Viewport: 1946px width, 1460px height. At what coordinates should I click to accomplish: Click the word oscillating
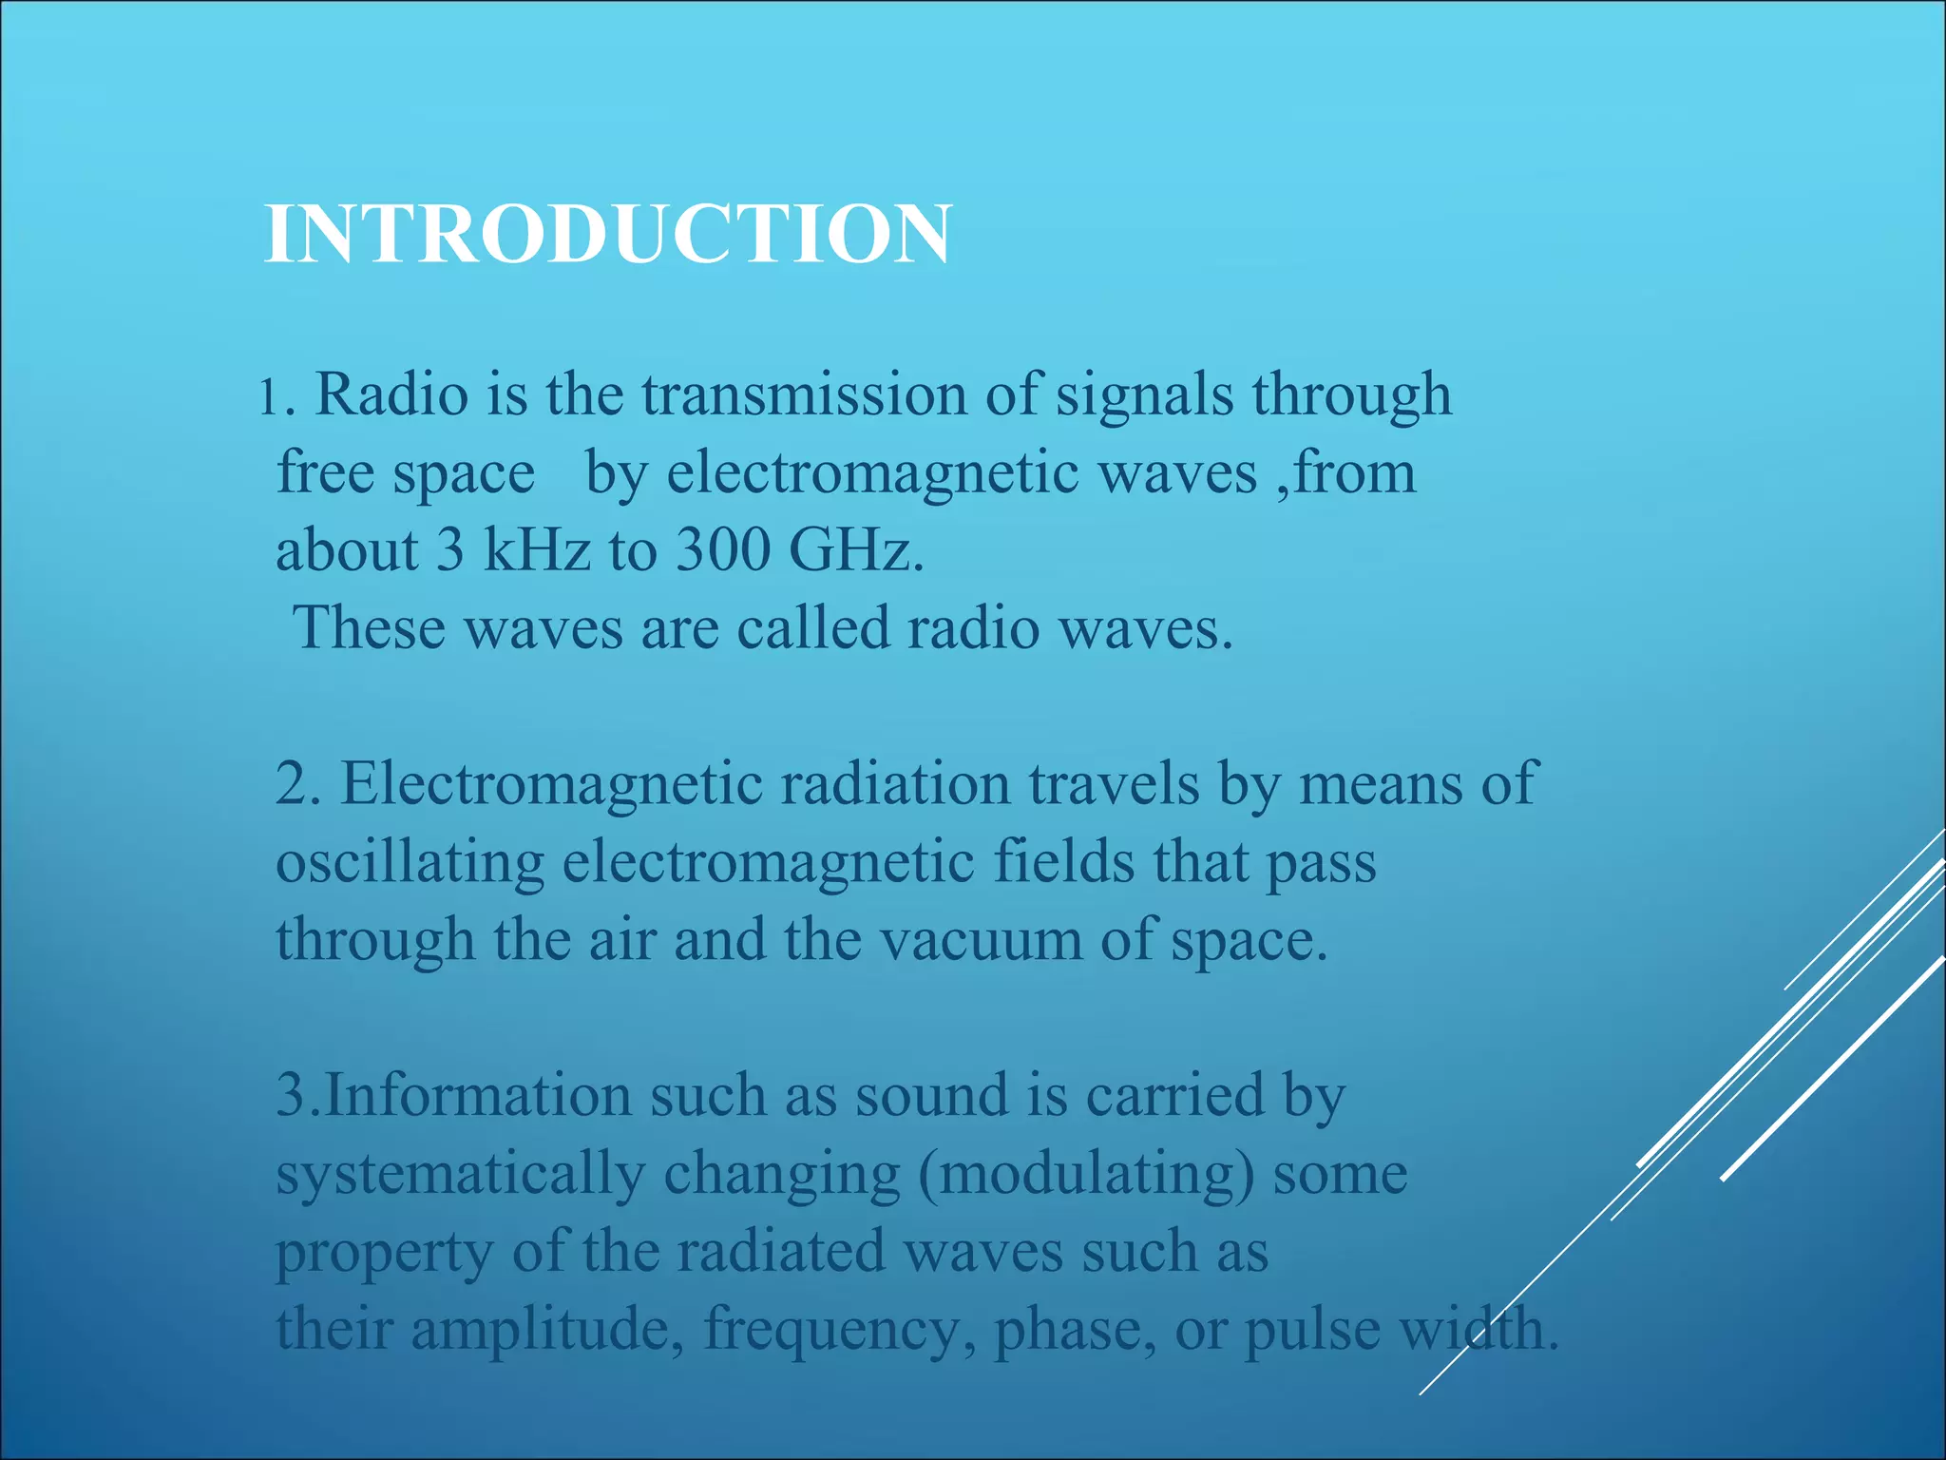tap(410, 864)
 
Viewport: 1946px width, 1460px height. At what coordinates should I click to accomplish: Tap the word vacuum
tap(980, 940)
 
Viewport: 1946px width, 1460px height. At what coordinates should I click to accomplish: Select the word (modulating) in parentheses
tap(1086, 1174)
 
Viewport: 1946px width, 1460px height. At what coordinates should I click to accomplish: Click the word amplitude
tap(546, 1329)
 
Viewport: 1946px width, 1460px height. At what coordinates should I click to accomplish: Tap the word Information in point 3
tap(478, 1095)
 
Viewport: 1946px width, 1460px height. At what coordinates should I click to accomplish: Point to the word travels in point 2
tap(1114, 784)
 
